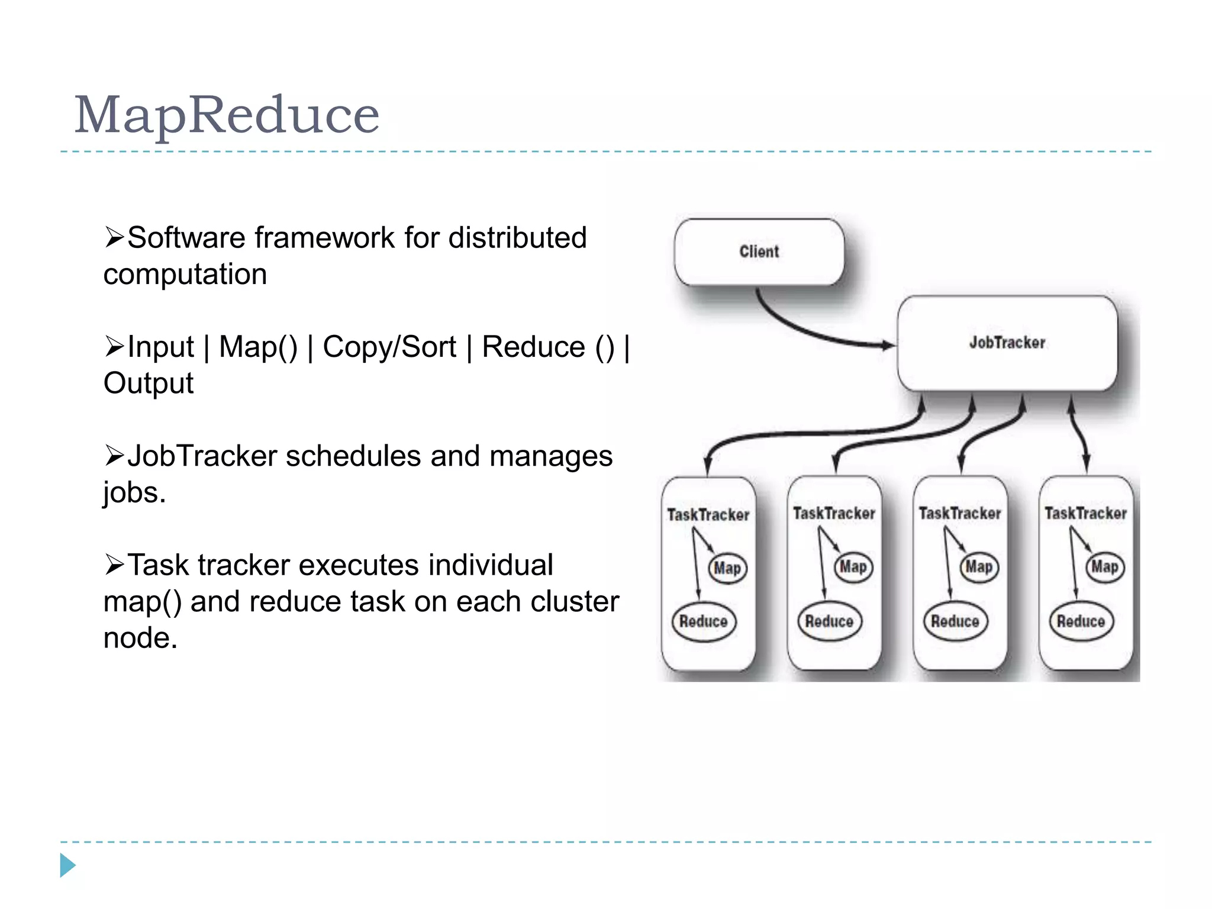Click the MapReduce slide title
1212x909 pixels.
click(226, 115)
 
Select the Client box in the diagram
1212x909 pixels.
click(759, 252)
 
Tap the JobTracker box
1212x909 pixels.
click(1007, 343)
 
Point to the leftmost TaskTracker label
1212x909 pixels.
click(708, 515)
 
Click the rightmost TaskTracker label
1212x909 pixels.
click(1085, 513)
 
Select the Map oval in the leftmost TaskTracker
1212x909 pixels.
click(727, 568)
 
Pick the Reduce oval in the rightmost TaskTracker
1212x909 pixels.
click(1081, 621)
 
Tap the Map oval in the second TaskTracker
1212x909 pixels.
click(853, 567)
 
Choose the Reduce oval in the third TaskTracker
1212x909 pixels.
click(955, 621)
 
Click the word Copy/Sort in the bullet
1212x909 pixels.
click(389, 347)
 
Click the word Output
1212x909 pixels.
click(148, 383)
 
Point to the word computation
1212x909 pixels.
click(185, 275)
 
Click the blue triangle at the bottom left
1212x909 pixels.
click(67, 865)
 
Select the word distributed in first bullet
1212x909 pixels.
click(517, 238)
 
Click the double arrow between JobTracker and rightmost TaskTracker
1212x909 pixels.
click(1079, 435)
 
